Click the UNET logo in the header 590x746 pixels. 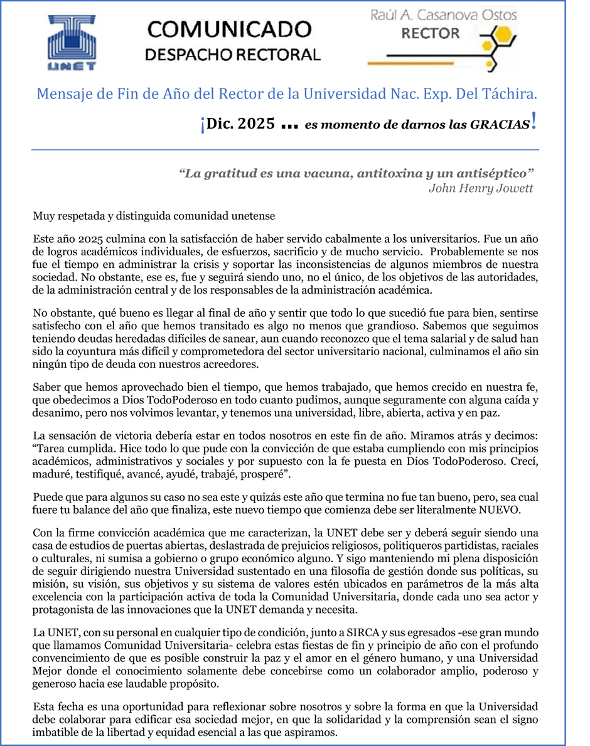pyautogui.click(x=72, y=43)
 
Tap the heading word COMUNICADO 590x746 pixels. pyautogui.click(x=228, y=29)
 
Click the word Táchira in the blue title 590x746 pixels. pyautogui.click(x=510, y=95)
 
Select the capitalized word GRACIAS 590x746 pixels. pyautogui.click(x=499, y=125)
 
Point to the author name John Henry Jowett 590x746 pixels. pyautogui.click(x=481, y=188)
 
